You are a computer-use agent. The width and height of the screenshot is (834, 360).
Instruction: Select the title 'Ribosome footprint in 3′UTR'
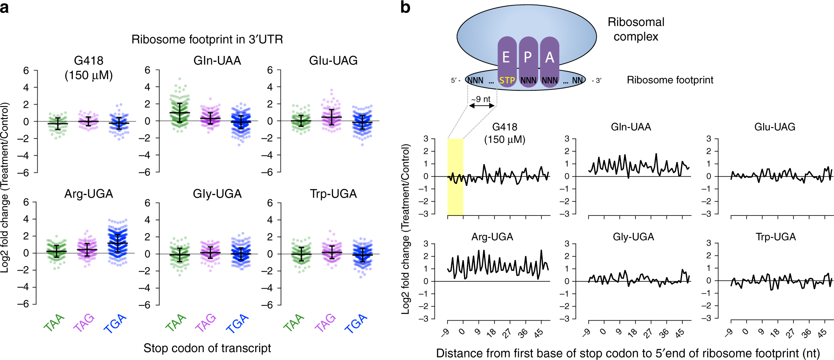tap(207, 39)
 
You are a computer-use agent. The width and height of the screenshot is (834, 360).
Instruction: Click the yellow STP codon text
tap(507, 80)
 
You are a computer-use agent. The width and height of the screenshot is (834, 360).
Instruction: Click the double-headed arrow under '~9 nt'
tap(482, 106)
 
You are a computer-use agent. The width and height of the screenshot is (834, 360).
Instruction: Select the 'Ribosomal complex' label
tap(636, 29)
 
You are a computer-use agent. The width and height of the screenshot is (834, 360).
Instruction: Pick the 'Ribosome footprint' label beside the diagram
tap(670, 80)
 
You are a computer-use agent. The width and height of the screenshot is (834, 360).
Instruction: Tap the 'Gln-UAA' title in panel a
tap(217, 61)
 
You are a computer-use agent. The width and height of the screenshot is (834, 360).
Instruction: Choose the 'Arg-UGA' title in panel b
tap(492, 237)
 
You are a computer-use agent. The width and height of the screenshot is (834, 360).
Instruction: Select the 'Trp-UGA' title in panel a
tap(334, 194)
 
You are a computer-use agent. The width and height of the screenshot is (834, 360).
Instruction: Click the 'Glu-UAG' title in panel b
tap(775, 127)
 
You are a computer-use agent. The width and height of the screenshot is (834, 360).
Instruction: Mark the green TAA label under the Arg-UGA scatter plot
tap(54, 323)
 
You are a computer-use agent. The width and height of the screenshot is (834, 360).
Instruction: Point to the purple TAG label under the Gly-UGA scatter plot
tap(205, 323)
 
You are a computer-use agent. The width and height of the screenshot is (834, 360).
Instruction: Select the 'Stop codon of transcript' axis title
tap(207, 348)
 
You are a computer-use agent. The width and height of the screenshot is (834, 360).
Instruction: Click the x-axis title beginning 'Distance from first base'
tap(628, 353)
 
